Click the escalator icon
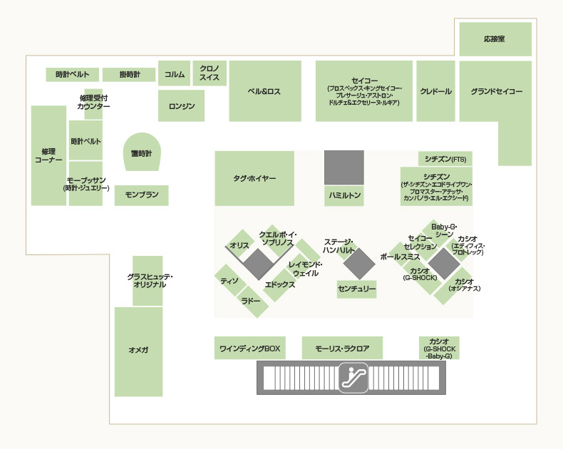point(353,376)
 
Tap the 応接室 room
point(495,39)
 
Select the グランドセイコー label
point(495,92)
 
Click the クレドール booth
point(435,92)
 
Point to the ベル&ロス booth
point(264,92)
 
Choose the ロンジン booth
point(181,106)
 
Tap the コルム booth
point(174,73)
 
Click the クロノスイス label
point(210,73)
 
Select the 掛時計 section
point(129,74)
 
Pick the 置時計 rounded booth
point(142,153)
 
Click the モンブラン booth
point(141,195)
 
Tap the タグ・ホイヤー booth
point(254,178)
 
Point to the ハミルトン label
point(344,195)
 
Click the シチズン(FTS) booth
point(445,158)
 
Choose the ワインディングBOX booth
point(249,349)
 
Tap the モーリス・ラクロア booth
point(342,349)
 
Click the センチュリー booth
point(356,289)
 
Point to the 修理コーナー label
point(48,156)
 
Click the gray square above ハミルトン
point(344,167)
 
